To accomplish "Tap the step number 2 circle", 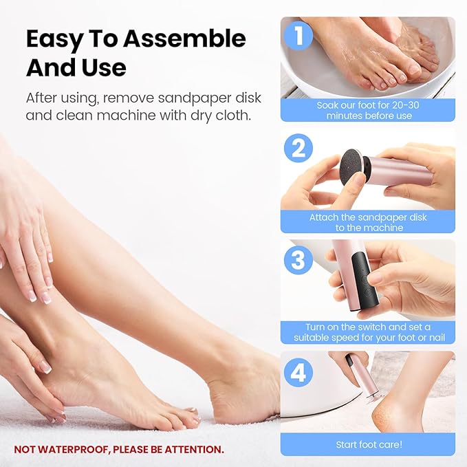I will [299, 149].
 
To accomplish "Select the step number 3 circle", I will [299, 260].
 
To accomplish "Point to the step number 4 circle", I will [299, 372].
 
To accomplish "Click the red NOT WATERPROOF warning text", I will [119, 450].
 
